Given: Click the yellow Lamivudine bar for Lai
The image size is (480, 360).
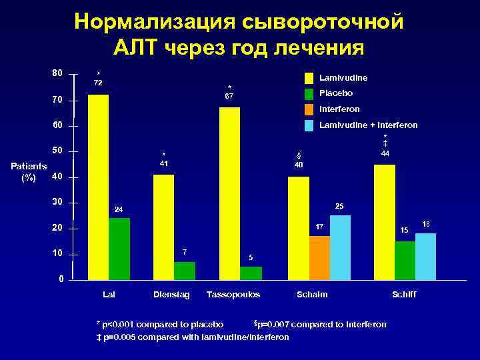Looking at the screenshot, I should (x=98, y=186).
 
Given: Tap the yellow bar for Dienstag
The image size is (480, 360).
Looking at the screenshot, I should (x=163, y=226).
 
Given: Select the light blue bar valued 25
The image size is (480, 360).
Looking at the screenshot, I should (x=340, y=246).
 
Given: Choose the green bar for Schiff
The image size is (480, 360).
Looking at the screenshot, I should (x=405, y=259).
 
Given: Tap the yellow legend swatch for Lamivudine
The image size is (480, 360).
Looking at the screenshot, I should (x=309, y=78).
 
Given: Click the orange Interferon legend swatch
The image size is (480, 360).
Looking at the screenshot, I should (x=309, y=109).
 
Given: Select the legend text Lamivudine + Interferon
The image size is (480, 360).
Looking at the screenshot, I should (x=369, y=125).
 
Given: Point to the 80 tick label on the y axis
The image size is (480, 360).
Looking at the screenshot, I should (x=58, y=72).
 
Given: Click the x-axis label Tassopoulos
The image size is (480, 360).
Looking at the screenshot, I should (x=233, y=294).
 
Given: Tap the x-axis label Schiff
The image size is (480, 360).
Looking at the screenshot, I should (x=404, y=294).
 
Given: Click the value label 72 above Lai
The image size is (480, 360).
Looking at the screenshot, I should (x=97, y=82).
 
